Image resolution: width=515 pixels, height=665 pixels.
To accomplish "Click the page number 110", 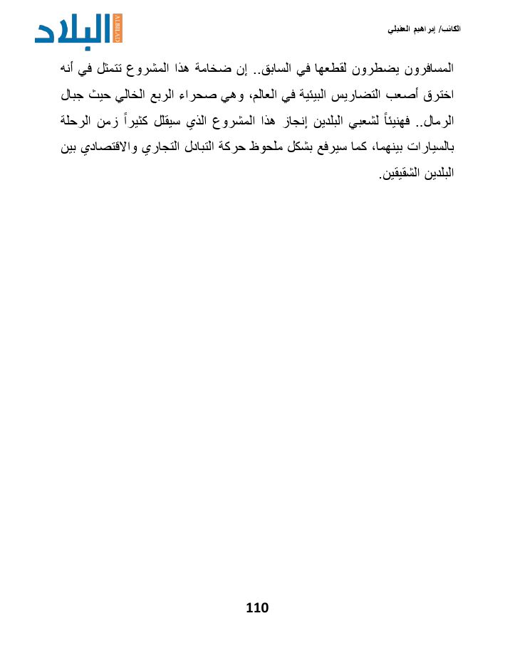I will [257, 607].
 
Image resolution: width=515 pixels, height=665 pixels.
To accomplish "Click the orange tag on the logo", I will [118, 28].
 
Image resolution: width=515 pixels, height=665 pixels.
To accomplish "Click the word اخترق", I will [438, 95].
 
